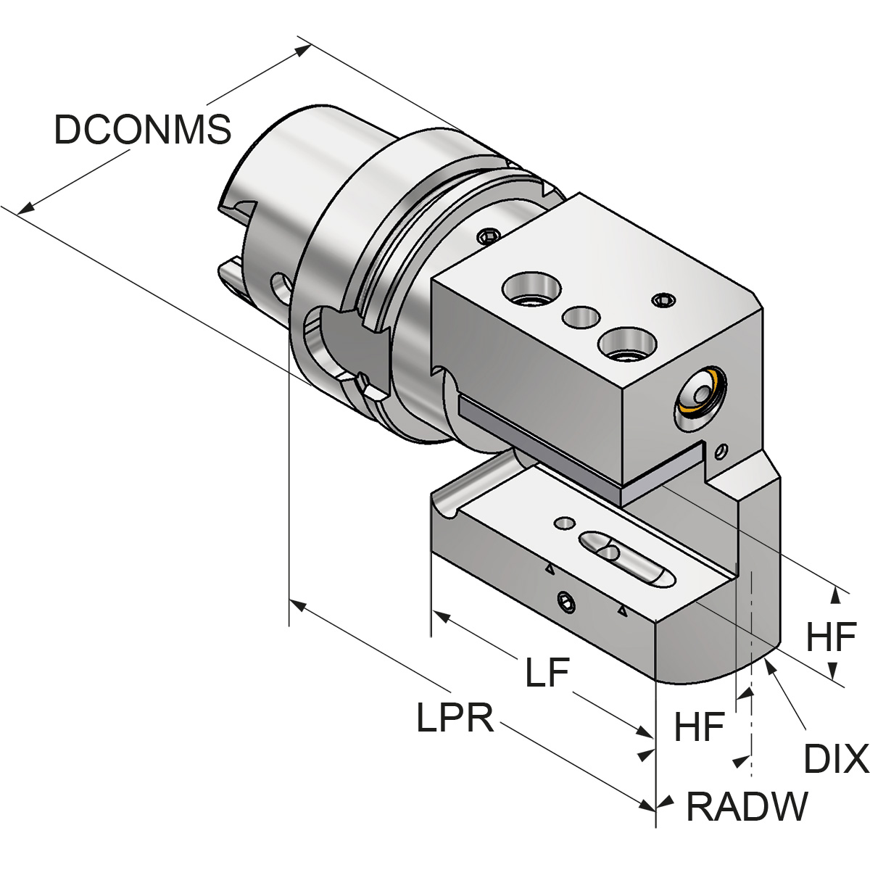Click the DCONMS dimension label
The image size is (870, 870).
click(x=143, y=130)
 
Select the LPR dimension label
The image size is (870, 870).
click(x=455, y=718)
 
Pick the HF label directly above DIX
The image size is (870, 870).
click(x=832, y=639)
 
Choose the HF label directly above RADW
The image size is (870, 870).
click(x=700, y=727)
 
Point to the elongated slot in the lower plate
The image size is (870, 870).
click(x=626, y=557)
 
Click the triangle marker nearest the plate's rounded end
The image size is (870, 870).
click(x=621, y=613)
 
